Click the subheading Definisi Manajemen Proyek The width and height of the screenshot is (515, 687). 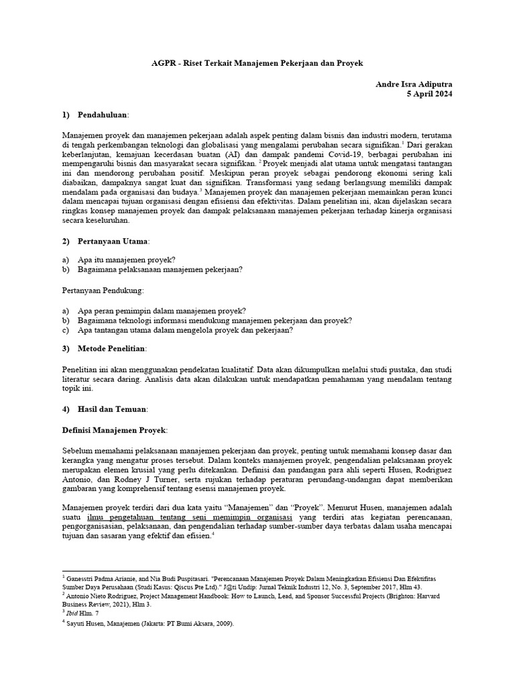(115, 429)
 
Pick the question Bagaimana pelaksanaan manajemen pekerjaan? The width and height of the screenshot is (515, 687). (160, 270)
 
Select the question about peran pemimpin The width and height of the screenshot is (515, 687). (162, 311)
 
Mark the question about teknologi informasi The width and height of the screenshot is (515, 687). (215, 321)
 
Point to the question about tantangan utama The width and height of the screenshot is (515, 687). (186, 330)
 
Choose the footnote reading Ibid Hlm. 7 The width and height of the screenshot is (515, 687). (83, 613)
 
